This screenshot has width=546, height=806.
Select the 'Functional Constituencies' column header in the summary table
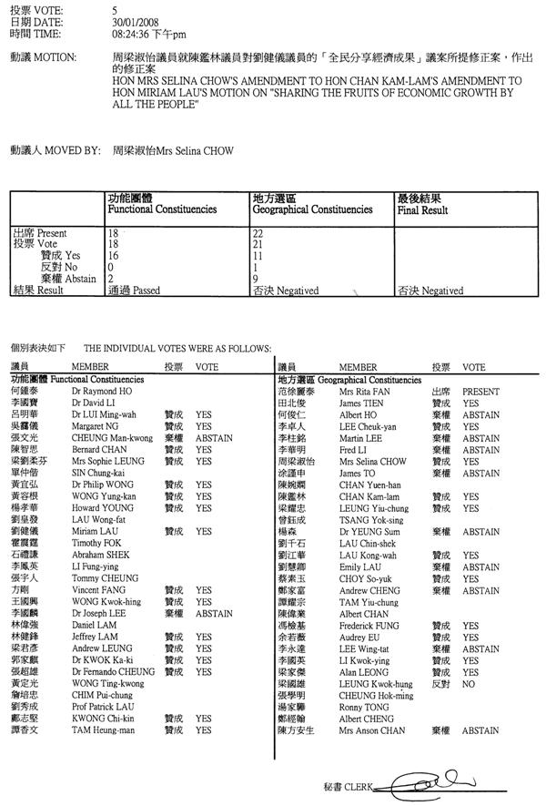click(162, 209)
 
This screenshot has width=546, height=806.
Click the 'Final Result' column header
click(422, 209)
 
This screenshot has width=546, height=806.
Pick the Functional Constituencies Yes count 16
click(113, 256)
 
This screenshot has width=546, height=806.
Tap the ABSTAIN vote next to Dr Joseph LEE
click(215, 613)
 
